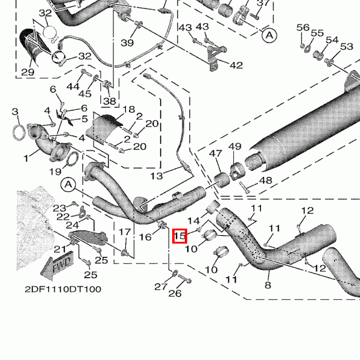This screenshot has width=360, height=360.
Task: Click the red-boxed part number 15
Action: pyautogui.click(x=179, y=236)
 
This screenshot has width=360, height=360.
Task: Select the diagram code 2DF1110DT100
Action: pyautogui.click(x=63, y=289)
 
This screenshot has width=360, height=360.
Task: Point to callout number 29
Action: pyautogui.click(x=28, y=73)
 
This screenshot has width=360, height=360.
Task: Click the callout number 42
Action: pyautogui.click(x=236, y=65)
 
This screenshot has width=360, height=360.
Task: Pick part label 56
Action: pyautogui.click(x=303, y=28)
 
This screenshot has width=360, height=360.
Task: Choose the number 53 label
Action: pyautogui.click(x=347, y=47)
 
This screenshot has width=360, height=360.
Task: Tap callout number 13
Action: pyautogui.click(x=157, y=176)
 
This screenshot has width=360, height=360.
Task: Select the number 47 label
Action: pyautogui.click(x=215, y=154)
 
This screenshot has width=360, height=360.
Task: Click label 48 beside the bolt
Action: pyautogui.click(x=265, y=181)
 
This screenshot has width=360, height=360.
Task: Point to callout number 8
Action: pyautogui.click(x=267, y=284)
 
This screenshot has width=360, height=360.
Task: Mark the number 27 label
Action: pyautogui.click(x=159, y=287)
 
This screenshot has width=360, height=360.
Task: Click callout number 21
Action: pyautogui.click(x=59, y=249)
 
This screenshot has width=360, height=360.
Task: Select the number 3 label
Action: pyautogui.click(x=15, y=112)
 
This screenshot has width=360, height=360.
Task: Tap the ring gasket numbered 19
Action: pyautogui.click(x=70, y=160)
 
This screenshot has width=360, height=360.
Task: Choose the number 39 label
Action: pyautogui.click(x=127, y=43)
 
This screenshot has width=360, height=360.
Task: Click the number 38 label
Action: pyautogui.click(x=109, y=101)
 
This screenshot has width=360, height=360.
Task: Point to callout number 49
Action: pyautogui.click(x=235, y=147)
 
